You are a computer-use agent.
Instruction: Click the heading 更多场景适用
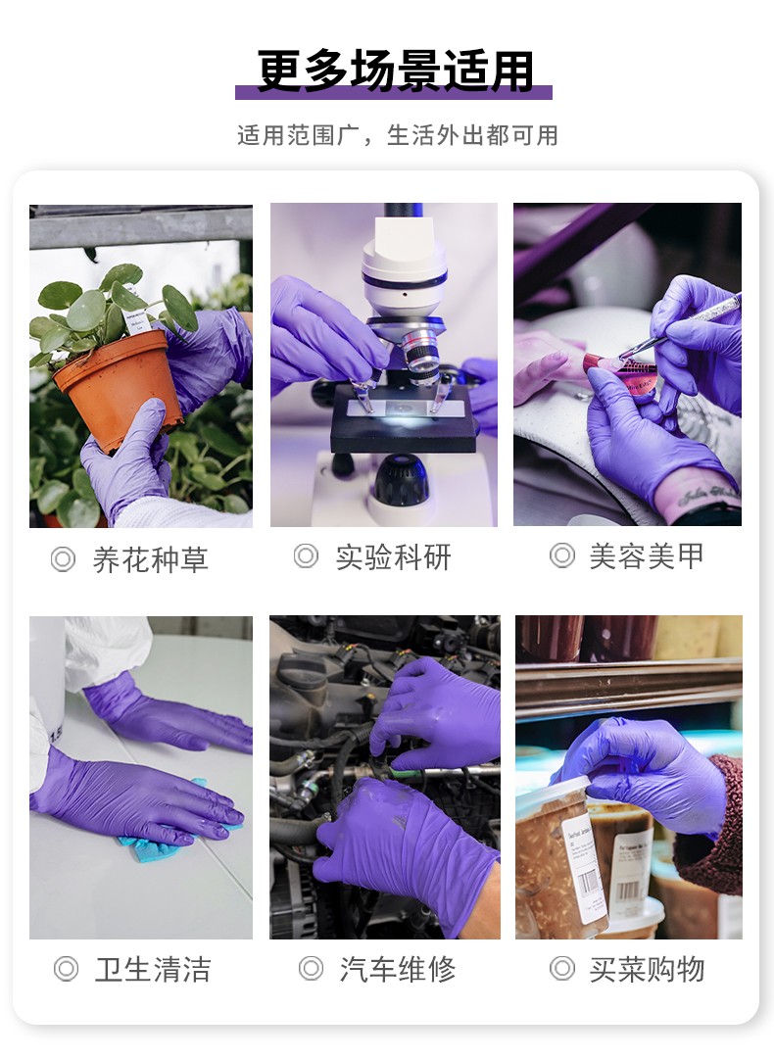(395, 71)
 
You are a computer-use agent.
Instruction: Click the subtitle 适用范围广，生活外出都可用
(397, 135)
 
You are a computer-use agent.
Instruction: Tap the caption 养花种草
(150, 560)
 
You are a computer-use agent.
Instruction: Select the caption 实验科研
(393, 557)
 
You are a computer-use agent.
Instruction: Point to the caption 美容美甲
(647, 556)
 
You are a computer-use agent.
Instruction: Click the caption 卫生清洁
(153, 970)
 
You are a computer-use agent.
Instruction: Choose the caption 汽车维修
(397, 970)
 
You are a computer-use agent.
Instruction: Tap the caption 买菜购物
(647, 970)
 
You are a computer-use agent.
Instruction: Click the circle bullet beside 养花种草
(63, 560)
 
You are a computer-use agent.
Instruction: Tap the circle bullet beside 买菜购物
(561, 970)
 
